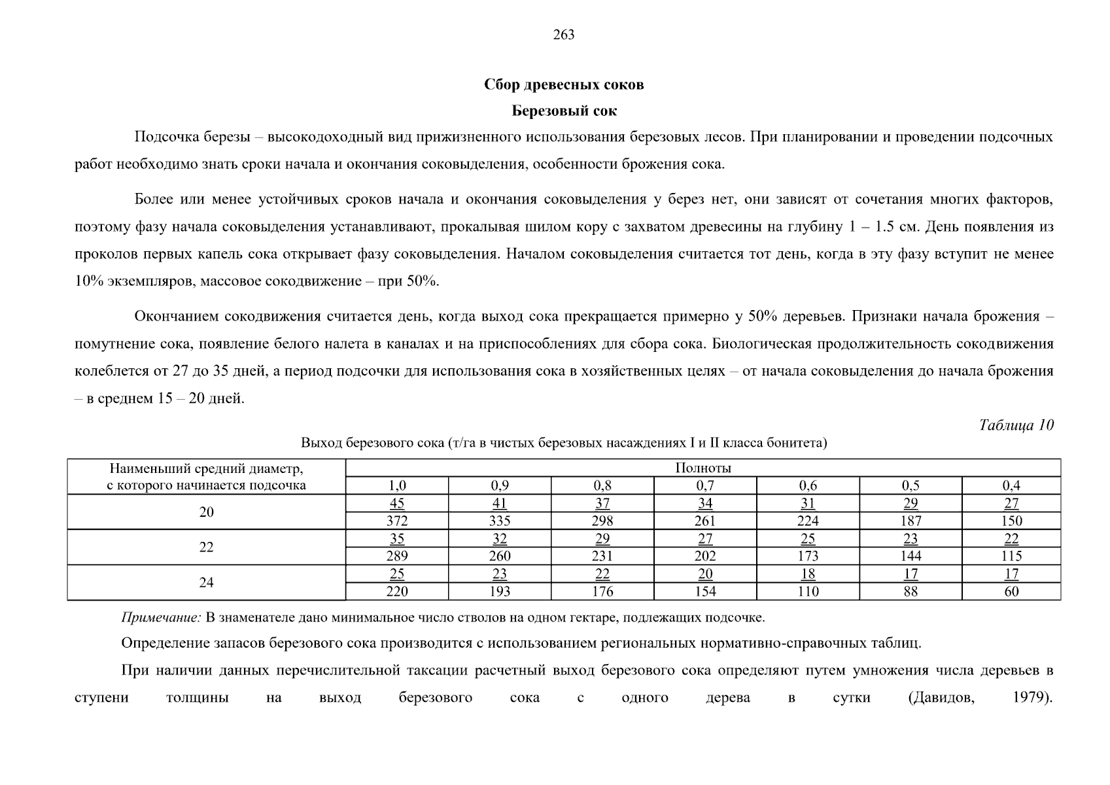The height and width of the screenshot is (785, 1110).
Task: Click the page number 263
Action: (563, 35)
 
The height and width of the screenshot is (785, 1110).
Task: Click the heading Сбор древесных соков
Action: (564, 84)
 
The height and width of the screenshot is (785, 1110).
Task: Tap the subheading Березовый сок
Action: (564, 111)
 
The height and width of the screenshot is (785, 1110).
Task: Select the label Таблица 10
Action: (1016, 425)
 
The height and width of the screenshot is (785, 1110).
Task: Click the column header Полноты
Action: (702, 468)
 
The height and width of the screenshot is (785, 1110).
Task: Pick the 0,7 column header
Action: (705, 485)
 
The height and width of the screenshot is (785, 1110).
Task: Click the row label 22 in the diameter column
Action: (206, 548)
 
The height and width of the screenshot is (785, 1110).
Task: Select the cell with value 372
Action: (396, 521)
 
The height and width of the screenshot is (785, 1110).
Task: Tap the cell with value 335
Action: (499, 521)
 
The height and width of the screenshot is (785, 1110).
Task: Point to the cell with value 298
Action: (602, 521)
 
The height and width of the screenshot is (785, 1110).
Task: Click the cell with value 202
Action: (705, 556)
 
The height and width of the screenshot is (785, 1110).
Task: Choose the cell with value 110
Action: (808, 591)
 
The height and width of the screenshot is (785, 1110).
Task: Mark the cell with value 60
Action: (1011, 591)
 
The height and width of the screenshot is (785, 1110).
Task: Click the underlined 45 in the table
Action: (396, 503)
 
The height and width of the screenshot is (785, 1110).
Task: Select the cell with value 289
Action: (396, 556)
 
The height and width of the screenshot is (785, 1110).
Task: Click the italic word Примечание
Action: (161, 618)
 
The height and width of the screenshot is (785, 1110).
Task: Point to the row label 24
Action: (206, 582)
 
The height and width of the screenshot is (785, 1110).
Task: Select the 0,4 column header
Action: (1011, 485)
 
